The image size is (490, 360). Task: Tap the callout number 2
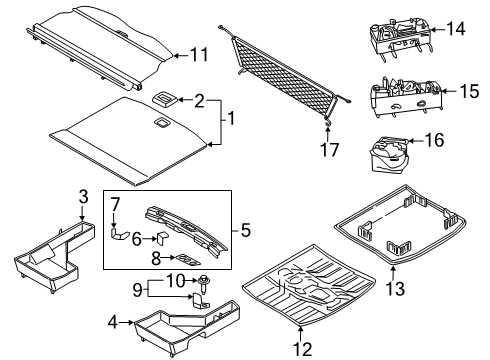click(200, 101)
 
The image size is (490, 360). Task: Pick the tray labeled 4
click(185, 330)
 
